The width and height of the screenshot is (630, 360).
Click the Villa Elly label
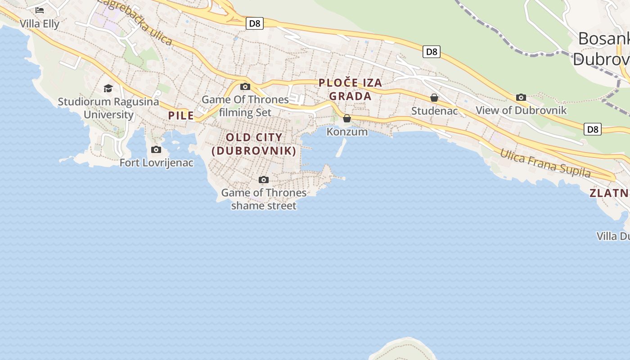tap(40, 23)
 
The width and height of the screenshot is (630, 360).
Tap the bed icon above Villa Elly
tap(40, 10)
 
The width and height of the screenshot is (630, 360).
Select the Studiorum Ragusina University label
tap(108, 108)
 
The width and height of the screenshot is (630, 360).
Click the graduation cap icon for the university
tap(108, 88)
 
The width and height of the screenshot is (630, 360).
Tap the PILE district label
tap(181, 116)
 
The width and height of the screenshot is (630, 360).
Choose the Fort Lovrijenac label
tap(156, 163)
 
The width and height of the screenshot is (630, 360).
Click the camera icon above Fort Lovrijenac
tap(156, 149)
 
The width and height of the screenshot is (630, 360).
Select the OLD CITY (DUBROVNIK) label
tap(254, 144)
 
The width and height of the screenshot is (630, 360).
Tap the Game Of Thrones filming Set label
tap(245, 106)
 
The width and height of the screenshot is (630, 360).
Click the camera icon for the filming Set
tap(245, 86)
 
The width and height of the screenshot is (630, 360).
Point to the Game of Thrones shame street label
tap(264, 199)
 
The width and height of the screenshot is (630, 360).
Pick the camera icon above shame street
tap(264, 180)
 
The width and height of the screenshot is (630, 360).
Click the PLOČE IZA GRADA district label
tap(350, 89)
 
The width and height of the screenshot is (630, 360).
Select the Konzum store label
tap(347, 132)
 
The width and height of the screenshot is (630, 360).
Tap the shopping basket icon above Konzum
tap(347, 118)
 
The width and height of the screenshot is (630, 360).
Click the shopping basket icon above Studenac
tap(434, 98)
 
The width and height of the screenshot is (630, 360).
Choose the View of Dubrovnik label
tap(521, 110)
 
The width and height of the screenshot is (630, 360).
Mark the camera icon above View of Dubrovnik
tap(521, 97)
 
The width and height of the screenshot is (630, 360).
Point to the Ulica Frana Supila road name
tap(545, 163)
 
